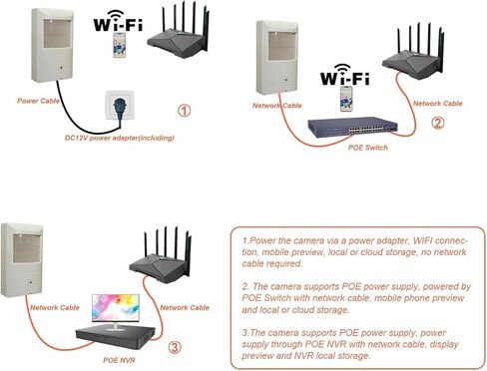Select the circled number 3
click(x=175, y=347)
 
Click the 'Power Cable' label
click(x=39, y=101)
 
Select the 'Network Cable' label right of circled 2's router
click(x=436, y=103)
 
